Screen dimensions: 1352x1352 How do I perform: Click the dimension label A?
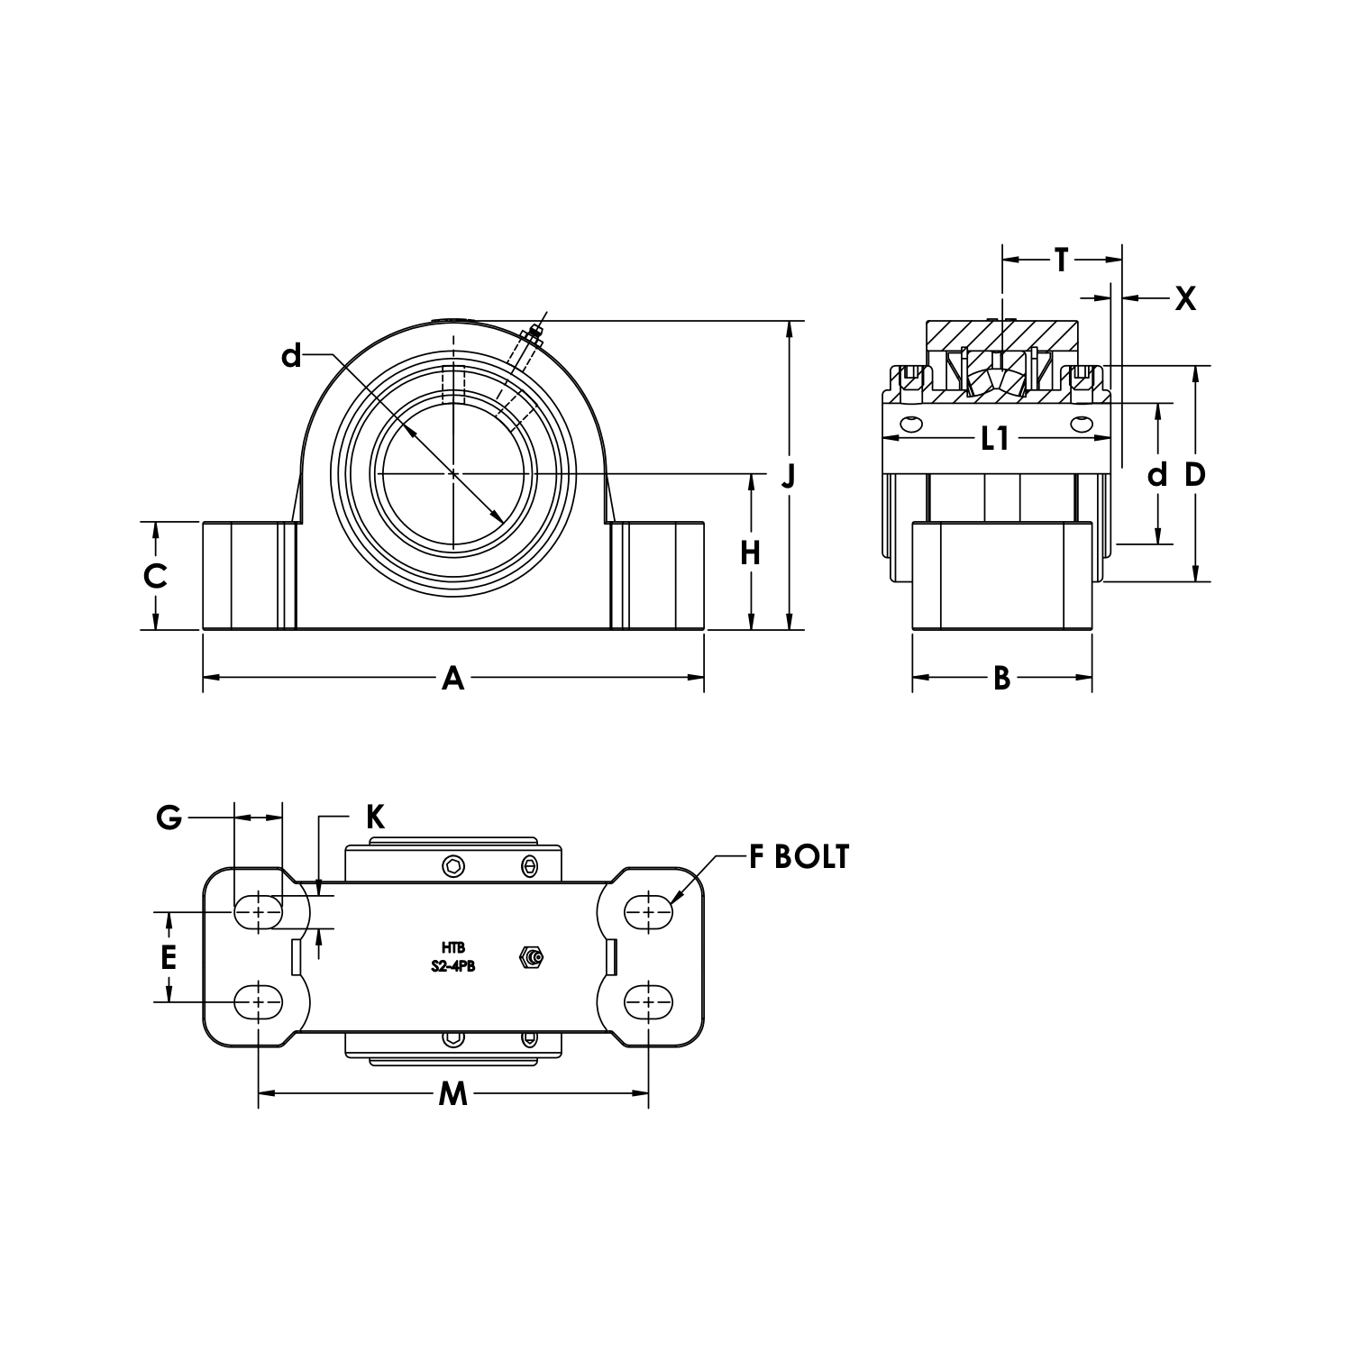click(x=452, y=677)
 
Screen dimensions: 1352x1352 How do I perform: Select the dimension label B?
click(x=1001, y=677)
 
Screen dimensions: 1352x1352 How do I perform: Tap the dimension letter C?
click(x=155, y=575)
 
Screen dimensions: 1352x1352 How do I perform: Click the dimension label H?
click(x=750, y=553)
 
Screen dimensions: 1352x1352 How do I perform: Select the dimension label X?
click(x=1185, y=297)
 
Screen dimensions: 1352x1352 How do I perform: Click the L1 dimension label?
click(x=994, y=439)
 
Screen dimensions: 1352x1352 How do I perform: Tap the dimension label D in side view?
click(x=1194, y=474)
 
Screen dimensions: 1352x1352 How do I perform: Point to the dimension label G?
click(x=169, y=818)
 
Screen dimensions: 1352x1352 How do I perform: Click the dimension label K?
click(x=375, y=817)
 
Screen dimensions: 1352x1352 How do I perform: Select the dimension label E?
click(x=169, y=957)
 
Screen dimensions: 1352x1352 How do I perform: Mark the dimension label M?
click(x=452, y=1094)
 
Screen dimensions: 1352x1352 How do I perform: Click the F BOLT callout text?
click(x=799, y=857)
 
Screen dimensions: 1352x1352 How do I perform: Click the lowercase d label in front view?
click(x=290, y=357)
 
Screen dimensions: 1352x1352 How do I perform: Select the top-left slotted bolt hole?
click(x=258, y=911)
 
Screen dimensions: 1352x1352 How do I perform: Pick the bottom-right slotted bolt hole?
click(x=648, y=1000)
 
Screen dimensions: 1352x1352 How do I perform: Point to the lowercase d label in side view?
click(x=1157, y=474)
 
